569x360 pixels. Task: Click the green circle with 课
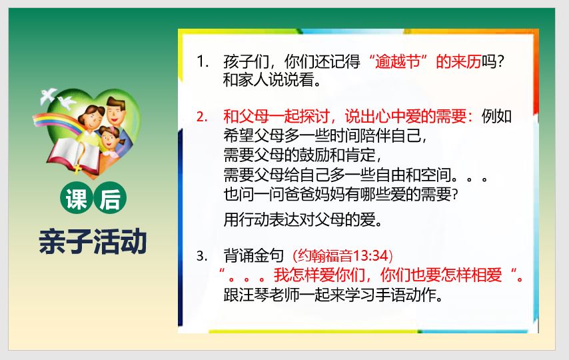(76, 199)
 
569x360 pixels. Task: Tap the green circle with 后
(111, 199)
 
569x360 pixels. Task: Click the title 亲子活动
(93, 241)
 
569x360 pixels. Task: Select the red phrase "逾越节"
(398, 61)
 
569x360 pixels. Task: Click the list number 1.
(202, 61)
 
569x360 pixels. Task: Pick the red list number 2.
(202, 117)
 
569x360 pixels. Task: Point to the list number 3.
(202, 256)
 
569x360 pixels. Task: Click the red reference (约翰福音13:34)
(343, 256)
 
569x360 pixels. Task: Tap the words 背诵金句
(254, 256)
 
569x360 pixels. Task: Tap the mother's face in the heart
(91, 118)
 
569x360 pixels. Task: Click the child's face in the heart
(109, 139)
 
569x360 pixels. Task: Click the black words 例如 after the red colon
(496, 117)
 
